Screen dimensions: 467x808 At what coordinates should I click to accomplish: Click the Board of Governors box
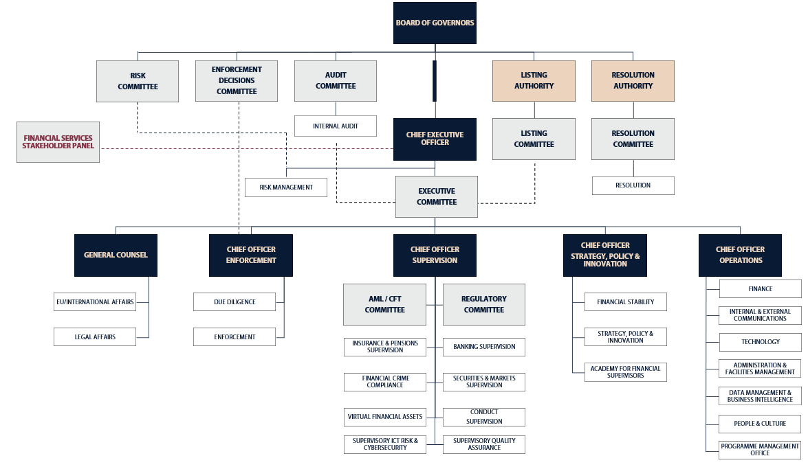tap(435, 23)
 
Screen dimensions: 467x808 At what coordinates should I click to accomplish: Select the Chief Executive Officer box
tap(435, 139)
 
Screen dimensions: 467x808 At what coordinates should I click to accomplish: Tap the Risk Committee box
tap(138, 81)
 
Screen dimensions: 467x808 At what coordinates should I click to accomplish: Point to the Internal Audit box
tap(336, 126)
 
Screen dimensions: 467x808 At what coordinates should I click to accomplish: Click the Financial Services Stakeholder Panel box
tap(58, 142)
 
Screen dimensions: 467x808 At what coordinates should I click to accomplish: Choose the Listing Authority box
tap(534, 80)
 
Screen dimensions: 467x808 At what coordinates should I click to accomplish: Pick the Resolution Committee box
tap(633, 139)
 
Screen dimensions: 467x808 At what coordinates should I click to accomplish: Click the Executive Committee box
tap(436, 196)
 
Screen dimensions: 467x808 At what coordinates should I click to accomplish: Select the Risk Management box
tap(286, 187)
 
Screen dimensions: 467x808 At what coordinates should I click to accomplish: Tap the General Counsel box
tap(116, 255)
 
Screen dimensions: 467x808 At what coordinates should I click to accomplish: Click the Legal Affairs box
tap(95, 337)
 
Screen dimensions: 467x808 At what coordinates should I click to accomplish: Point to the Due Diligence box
tap(234, 301)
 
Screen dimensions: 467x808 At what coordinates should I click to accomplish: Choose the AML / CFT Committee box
tap(384, 304)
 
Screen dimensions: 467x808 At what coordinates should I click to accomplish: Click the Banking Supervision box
tap(484, 347)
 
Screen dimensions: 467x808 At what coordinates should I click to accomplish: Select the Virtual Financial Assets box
tap(384, 417)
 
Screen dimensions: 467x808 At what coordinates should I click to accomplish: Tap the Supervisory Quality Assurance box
tap(484, 444)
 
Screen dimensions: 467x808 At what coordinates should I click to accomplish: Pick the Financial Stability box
tap(626, 301)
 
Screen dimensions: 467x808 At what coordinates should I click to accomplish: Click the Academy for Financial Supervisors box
tap(626, 372)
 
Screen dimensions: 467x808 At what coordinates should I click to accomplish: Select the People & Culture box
tap(760, 424)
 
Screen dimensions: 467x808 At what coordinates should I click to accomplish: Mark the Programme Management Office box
tap(760, 450)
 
